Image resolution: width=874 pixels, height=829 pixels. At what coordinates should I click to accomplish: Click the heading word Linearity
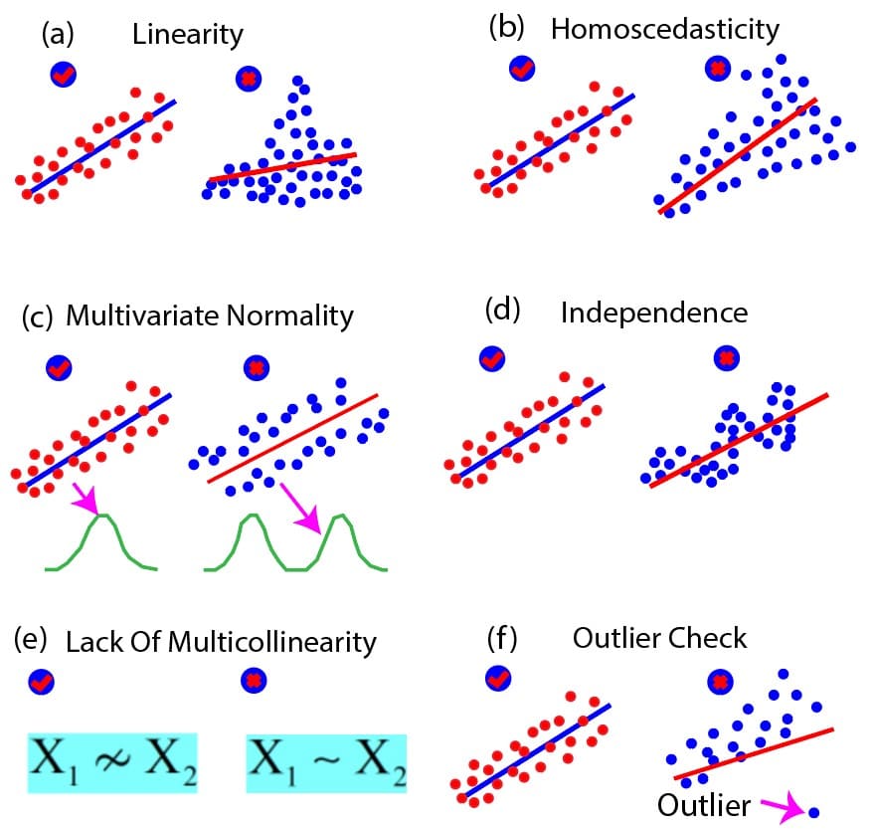[187, 36]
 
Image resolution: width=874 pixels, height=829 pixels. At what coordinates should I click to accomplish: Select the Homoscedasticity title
[665, 29]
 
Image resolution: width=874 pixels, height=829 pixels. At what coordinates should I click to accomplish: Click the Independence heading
[653, 312]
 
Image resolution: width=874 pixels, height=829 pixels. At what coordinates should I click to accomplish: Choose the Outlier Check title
[659, 637]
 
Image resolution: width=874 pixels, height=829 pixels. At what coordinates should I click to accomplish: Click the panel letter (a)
[57, 35]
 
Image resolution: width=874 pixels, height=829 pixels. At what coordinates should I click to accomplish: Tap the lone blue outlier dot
[814, 812]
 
